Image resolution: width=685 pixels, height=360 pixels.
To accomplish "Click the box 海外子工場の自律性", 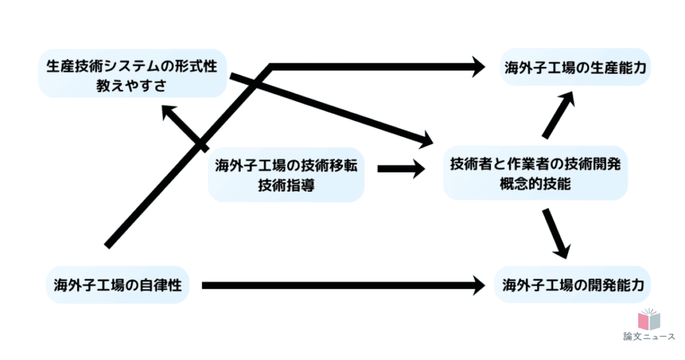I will (118, 286).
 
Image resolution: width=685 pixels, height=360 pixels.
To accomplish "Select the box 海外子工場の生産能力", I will (576, 67).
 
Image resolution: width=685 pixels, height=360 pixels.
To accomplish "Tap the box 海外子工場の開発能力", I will (573, 286).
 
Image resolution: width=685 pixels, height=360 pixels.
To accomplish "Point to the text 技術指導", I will (286, 185).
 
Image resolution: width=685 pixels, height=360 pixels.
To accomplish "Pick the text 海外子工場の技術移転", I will (286, 166).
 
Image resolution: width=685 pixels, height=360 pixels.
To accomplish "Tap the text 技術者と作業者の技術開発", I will (536, 165).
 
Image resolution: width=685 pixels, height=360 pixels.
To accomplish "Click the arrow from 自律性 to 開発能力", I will (341, 286).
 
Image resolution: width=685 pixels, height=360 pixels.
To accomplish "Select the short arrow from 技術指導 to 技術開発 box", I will (401, 169).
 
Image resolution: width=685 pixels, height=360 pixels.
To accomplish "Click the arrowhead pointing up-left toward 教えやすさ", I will (168, 111).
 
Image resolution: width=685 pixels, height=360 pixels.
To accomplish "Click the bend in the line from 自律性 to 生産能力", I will (270, 67).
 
